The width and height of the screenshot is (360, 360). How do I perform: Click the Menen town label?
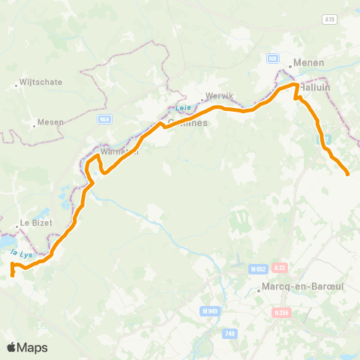(309, 63)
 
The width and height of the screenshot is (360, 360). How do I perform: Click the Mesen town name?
(50, 122)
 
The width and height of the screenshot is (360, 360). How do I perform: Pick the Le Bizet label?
(34, 223)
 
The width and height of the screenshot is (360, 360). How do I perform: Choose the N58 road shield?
(103, 118)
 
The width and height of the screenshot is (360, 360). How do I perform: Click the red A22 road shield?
(280, 267)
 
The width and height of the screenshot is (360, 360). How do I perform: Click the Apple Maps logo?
(27, 347)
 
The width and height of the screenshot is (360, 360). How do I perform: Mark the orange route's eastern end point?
(349, 175)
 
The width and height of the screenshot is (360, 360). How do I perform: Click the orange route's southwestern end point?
(13, 276)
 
